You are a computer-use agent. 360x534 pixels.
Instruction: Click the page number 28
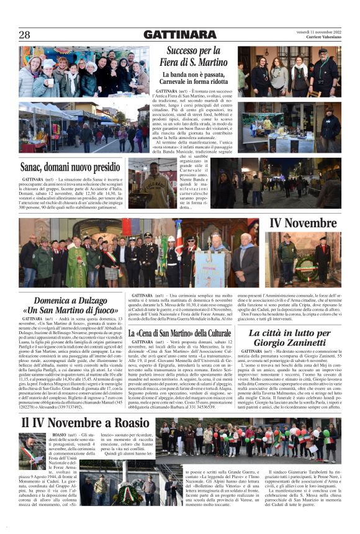(x=24, y=34)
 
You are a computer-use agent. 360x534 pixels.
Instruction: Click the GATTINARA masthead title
(x=180, y=35)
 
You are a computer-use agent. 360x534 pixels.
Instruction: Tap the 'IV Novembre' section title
(x=304, y=223)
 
